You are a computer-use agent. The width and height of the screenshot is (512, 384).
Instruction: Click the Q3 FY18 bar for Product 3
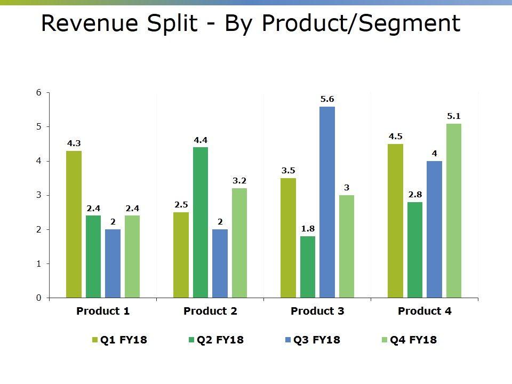[x=327, y=202]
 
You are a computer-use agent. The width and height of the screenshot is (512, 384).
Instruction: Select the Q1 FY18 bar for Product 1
[x=74, y=224]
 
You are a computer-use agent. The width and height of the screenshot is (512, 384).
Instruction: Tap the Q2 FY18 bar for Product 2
[x=201, y=222]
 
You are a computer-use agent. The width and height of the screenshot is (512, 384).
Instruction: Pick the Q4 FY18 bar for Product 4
[x=454, y=211]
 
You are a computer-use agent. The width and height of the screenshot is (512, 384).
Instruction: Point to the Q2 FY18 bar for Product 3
[x=308, y=267]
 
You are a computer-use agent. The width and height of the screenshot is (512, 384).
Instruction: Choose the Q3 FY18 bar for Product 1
[x=113, y=263]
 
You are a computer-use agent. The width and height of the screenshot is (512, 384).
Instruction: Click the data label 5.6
[x=327, y=99]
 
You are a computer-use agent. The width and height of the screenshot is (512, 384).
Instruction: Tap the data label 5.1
[x=454, y=116]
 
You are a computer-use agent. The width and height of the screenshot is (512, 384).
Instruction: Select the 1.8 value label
[x=308, y=229]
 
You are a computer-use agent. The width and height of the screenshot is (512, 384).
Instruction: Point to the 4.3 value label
[x=74, y=143]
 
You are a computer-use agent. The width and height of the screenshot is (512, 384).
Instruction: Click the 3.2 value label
[x=239, y=181]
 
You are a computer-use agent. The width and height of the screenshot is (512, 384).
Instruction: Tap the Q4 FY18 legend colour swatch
[x=386, y=340]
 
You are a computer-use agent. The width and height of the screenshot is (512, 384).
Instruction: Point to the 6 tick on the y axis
[x=38, y=92]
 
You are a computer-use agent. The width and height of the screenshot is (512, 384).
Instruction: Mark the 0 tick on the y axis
[x=38, y=298]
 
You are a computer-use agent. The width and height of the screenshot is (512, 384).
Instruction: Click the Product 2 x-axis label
[x=210, y=311]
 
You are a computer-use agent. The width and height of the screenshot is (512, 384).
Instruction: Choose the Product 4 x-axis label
[x=425, y=311]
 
